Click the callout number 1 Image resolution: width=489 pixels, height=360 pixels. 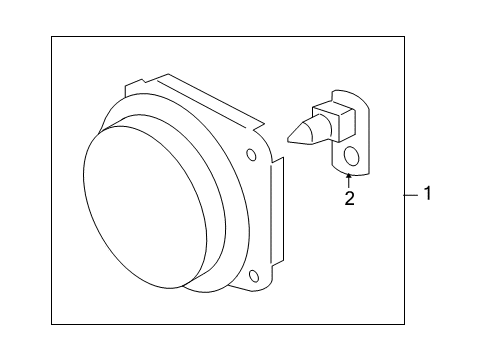click(x=427, y=194)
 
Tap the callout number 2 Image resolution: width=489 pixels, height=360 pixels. click(x=349, y=198)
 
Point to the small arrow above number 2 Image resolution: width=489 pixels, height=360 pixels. click(x=349, y=178)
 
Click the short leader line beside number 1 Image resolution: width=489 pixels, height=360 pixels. click(x=411, y=194)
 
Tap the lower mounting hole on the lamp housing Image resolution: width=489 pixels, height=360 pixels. click(x=254, y=275)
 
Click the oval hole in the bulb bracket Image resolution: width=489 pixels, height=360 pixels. click(x=350, y=156)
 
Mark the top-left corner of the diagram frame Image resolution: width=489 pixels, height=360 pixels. click(x=53, y=37)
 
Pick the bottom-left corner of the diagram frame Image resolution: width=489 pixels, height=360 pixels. click(x=53, y=324)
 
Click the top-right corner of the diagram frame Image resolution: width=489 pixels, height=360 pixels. click(x=405, y=37)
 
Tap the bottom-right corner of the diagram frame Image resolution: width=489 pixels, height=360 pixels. click(x=405, y=324)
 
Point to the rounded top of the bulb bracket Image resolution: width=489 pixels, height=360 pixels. click(x=345, y=93)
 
